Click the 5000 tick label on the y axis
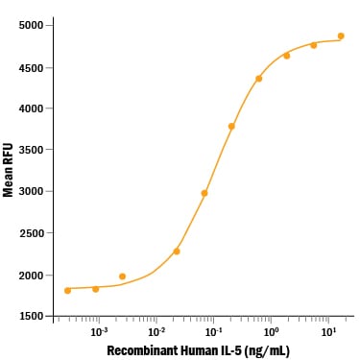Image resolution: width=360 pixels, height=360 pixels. [x=31, y=25]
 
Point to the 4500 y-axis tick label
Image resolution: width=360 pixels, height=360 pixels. [x=31, y=68]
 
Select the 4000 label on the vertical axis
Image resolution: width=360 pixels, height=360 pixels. [x=31, y=108]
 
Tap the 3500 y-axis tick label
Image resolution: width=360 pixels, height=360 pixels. [x=31, y=150]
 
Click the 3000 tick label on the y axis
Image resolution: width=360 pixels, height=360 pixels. [x=31, y=191]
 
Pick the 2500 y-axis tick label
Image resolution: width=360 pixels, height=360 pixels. [x=31, y=233]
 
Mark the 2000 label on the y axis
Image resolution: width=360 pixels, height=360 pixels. [x=31, y=276]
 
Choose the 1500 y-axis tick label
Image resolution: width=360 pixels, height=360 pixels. [x=31, y=316]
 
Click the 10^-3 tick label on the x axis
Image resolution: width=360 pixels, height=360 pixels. [x=99, y=332]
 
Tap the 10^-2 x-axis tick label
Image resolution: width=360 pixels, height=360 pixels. [x=156, y=332]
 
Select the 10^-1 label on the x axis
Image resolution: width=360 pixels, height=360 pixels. [x=213, y=332]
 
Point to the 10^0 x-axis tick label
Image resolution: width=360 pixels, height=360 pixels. [x=271, y=332]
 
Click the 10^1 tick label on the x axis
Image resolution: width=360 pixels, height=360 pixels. [x=328, y=332]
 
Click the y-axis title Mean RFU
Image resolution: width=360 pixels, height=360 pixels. [x=8, y=170]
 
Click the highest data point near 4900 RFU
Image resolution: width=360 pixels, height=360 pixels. [x=341, y=36]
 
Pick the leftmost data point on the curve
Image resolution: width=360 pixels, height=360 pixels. [x=67, y=291]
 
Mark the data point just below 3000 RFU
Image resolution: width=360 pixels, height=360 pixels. [x=204, y=193]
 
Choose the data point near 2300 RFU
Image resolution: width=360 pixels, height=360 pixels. [x=177, y=252]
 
